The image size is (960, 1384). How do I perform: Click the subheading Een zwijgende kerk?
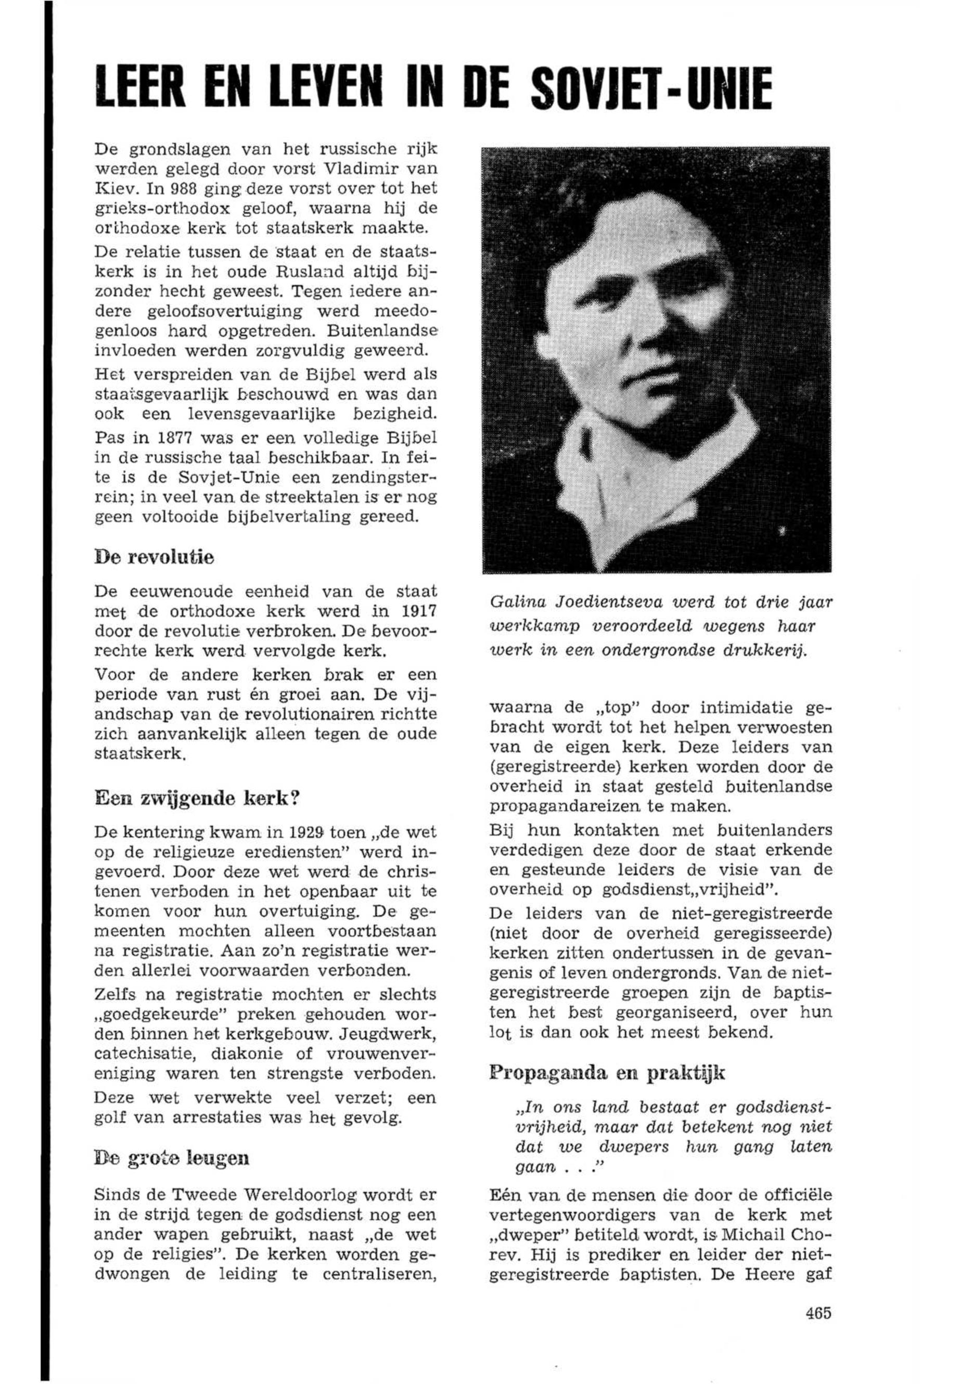pyautogui.click(x=197, y=799)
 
